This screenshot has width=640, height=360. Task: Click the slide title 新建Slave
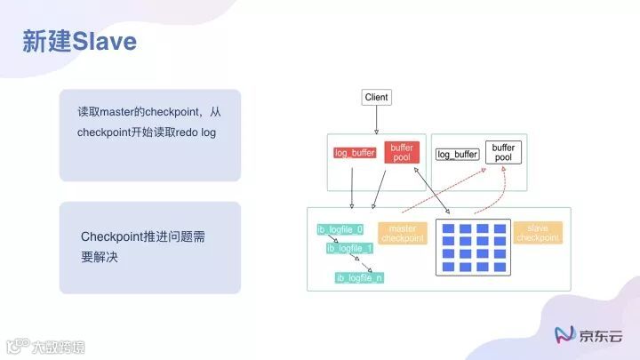point(80,41)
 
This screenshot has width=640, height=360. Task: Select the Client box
point(377,97)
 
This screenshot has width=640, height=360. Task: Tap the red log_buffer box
point(355,153)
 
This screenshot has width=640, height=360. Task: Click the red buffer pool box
point(402,152)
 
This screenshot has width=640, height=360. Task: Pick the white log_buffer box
point(458,154)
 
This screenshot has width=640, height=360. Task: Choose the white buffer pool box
point(503,152)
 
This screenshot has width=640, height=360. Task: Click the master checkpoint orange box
point(403,233)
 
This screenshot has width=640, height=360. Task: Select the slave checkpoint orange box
point(538,233)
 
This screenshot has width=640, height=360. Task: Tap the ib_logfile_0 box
point(340,229)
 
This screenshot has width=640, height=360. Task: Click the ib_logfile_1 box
point(349,248)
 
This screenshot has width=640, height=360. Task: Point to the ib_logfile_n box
point(359,278)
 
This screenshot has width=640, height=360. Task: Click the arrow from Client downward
point(377,119)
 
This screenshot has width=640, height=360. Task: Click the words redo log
point(197,132)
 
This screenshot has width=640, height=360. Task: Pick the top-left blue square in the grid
point(449,228)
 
